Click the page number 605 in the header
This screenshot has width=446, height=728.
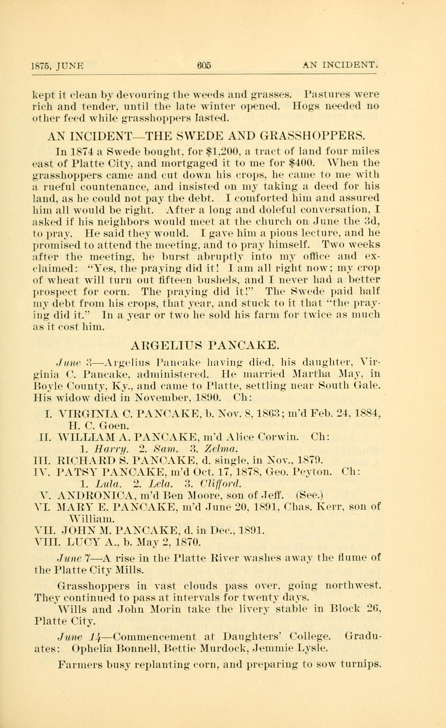coord(204,65)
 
